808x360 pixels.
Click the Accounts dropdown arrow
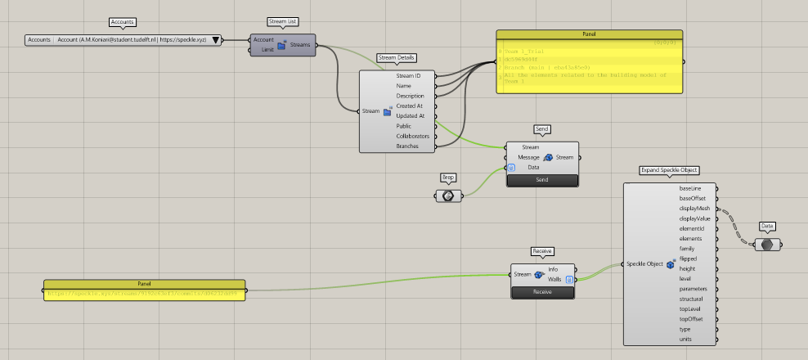pos(216,39)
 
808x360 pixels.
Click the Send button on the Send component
pos(542,179)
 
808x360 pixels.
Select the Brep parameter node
pos(448,196)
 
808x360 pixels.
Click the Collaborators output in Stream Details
pos(412,136)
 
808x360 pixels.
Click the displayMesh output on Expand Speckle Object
pos(694,209)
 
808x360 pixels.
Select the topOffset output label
pos(694,318)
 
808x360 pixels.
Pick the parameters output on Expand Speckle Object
pos(694,288)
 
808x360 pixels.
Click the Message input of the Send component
pos(528,157)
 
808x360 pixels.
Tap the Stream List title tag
pos(284,21)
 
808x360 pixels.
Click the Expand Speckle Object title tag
pos(670,170)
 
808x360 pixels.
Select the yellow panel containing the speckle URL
pos(144,290)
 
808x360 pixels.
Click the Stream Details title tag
pos(397,57)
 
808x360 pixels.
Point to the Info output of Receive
pos(553,269)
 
